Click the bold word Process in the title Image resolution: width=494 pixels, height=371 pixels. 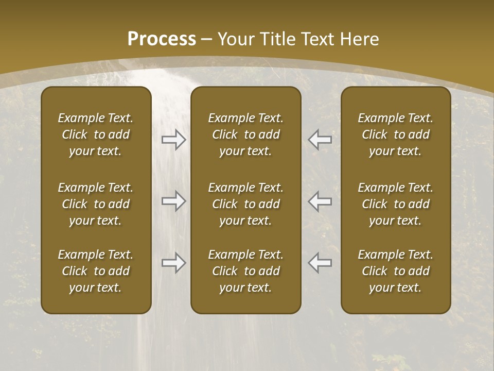tap(162, 39)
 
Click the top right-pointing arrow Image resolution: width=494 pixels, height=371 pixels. tap(173, 140)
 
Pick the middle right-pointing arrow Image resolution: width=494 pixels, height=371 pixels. tap(173, 201)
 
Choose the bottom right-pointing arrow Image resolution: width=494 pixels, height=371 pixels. tap(173, 263)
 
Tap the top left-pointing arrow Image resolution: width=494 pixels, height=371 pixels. tap(320, 140)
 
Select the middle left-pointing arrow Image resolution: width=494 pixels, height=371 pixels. tap(320, 201)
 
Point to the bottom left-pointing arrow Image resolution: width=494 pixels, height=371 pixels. tap(320, 263)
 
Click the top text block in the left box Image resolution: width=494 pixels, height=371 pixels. tap(96, 134)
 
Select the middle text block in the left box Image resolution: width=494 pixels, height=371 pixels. tap(96, 204)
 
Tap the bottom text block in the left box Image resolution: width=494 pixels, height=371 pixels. tap(96, 271)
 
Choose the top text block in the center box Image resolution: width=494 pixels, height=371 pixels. tap(246, 134)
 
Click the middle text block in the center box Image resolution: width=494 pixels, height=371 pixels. tap(246, 204)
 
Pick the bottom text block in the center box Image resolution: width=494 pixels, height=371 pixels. tap(246, 271)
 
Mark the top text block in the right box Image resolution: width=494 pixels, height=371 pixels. tap(396, 134)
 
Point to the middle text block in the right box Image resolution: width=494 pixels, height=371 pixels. tap(396, 204)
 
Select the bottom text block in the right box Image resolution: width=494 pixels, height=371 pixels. tap(396, 271)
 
